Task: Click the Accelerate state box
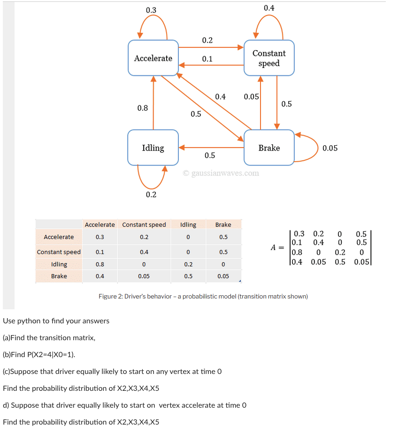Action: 153,58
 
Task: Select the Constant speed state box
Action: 269,58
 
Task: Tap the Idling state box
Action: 153,148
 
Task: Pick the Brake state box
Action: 269,148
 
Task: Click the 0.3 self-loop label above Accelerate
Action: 151,10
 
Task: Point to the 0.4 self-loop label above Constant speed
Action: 269,8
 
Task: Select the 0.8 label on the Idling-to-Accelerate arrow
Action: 143,108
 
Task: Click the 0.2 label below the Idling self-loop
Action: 151,195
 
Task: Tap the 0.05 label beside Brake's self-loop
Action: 330,148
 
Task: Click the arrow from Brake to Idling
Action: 211,147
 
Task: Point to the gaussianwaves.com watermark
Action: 221,173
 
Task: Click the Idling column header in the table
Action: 188,225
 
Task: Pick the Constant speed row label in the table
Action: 59,252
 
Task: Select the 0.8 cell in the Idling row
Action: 100,264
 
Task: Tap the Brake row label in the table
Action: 59,276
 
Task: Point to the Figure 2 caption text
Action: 203,297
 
